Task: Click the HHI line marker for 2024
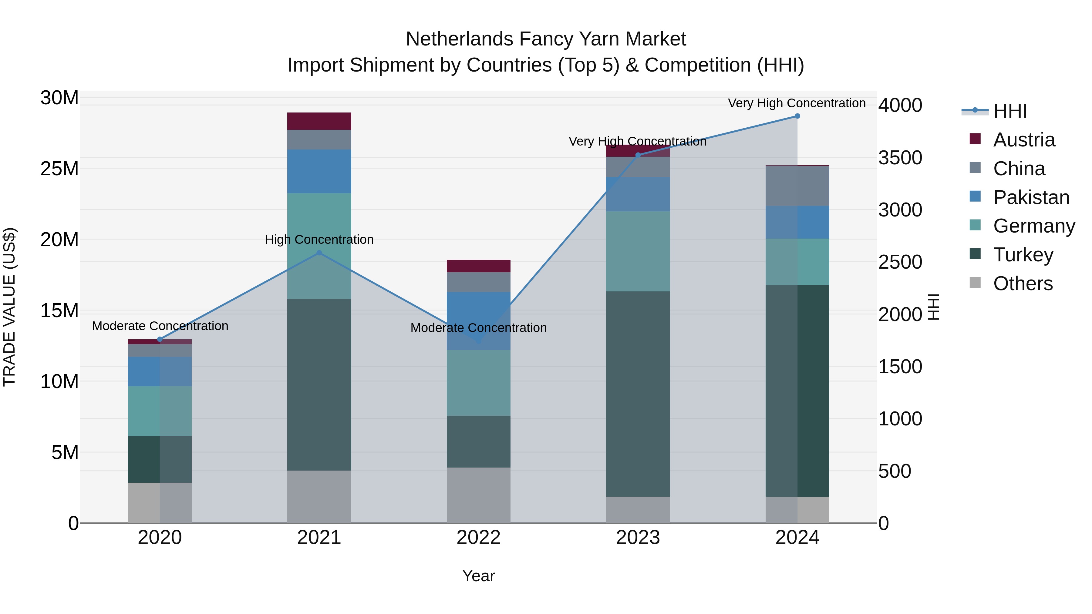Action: tap(797, 116)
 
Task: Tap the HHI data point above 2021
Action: tap(319, 253)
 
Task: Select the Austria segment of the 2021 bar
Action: tap(319, 121)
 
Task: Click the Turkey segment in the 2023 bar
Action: tap(638, 394)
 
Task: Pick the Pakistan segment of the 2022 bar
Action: tap(479, 321)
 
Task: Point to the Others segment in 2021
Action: tap(319, 497)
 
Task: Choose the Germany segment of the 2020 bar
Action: tap(160, 411)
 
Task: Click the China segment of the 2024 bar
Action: tap(797, 186)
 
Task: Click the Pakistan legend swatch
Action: tap(975, 196)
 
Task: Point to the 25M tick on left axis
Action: tap(59, 169)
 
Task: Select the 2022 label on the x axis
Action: tap(479, 538)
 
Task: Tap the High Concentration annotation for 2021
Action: tap(319, 240)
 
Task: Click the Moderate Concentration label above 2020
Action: tap(160, 326)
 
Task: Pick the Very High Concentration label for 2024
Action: tap(797, 103)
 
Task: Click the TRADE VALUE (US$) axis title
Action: tap(9, 307)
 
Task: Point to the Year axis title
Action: tap(479, 576)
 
